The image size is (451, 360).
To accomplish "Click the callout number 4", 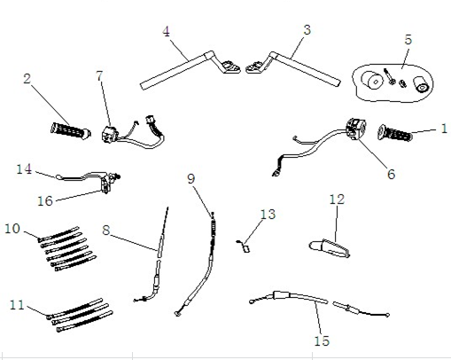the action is pyautogui.click(x=167, y=32).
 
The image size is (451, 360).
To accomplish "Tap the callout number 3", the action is pyautogui.click(x=307, y=30).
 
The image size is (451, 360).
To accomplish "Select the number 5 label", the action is pyautogui.click(x=408, y=40).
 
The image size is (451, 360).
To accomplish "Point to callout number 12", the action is pyautogui.click(x=337, y=200).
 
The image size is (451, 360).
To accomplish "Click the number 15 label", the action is pyautogui.click(x=322, y=340).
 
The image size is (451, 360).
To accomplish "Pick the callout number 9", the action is pyautogui.click(x=191, y=179).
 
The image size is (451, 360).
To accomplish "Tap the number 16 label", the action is pyautogui.click(x=45, y=201).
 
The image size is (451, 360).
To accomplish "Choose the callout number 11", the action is pyautogui.click(x=17, y=305).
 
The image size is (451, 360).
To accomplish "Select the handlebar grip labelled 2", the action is pyautogui.click(x=71, y=130).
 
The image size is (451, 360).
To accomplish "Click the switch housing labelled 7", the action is pyautogui.click(x=110, y=135).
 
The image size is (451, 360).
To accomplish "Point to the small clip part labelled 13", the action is pyautogui.click(x=245, y=247).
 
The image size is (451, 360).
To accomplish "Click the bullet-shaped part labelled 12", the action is pyautogui.click(x=330, y=248).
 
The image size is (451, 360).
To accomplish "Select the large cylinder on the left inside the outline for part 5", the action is pyautogui.click(x=372, y=79).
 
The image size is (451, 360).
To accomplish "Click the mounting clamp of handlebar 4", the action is pyautogui.click(x=231, y=67).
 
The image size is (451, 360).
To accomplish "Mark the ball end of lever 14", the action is pyautogui.click(x=58, y=177).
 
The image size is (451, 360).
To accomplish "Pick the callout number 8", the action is pyautogui.click(x=106, y=231).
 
